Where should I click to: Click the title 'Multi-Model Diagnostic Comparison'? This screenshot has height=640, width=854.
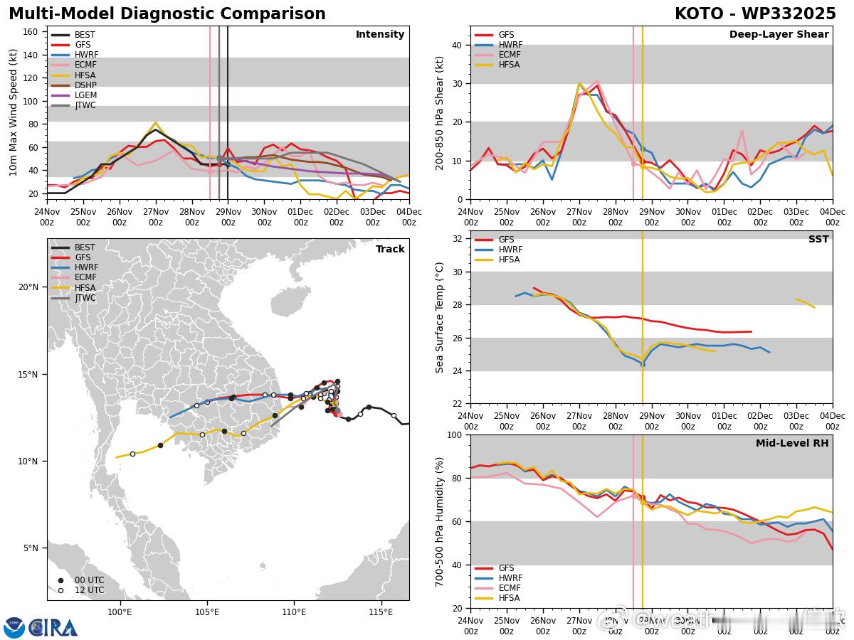click(167, 14)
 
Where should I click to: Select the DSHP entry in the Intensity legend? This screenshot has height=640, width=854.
click(85, 85)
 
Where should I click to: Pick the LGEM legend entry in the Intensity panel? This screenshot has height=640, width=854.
click(85, 95)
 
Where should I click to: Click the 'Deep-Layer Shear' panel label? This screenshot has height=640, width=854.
click(779, 35)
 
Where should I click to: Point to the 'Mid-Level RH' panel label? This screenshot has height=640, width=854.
click(791, 444)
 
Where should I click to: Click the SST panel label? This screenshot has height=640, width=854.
click(818, 240)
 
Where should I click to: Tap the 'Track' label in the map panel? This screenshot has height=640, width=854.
click(390, 249)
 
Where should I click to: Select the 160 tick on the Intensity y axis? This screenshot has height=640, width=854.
click(31, 31)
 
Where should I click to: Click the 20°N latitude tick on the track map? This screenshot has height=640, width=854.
click(28, 287)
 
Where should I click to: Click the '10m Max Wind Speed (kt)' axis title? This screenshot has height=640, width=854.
click(13, 112)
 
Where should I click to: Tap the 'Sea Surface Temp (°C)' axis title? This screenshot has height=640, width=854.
click(440, 317)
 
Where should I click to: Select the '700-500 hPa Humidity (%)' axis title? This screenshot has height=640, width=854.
click(440, 521)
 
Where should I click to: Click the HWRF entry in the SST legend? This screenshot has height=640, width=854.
click(510, 250)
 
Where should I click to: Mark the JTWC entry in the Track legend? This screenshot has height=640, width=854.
click(85, 298)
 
